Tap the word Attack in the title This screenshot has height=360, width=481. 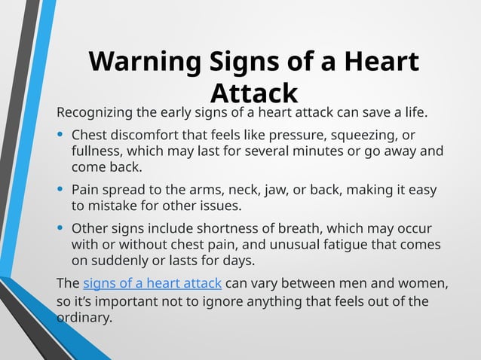click(254, 93)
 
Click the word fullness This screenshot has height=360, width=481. click(99, 151)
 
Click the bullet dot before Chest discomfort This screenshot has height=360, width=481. click(60, 136)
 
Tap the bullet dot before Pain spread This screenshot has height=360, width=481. click(60, 190)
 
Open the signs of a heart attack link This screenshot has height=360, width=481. click(152, 284)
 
